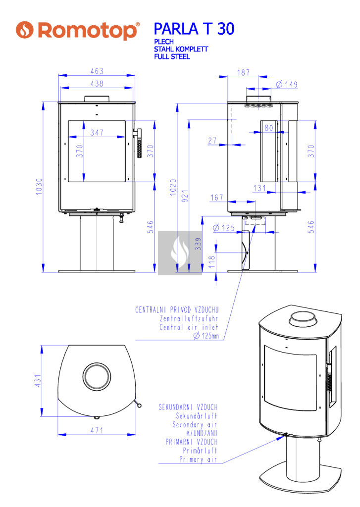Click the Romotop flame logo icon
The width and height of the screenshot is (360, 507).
(x=25, y=30)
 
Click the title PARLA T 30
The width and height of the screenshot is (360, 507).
(x=194, y=29)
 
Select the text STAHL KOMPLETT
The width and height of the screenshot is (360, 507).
(x=181, y=49)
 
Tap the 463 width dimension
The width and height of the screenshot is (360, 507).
(x=97, y=71)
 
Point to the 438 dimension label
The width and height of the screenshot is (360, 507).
(x=97, y=83)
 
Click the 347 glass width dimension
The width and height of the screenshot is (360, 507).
(x=97, y=132)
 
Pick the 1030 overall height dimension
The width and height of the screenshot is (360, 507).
(x=39, y=187)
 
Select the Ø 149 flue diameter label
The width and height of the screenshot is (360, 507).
(x=287, y=84)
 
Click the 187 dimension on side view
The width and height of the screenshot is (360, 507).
(x=244, y=72)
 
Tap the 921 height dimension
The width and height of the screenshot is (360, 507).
(x=185, y=196)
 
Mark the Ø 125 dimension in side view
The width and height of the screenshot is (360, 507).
(x=224, y=228)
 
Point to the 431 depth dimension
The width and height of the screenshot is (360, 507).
(x=38, y=381)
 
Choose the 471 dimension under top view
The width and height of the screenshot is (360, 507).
(x=97, y=430)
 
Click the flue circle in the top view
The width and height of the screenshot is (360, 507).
(x=97, y=377)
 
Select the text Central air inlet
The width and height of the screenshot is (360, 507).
(x=189, y=327)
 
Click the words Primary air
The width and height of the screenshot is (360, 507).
(x=198, y=459)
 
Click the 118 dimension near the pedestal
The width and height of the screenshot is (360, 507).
(x=212, y=262)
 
